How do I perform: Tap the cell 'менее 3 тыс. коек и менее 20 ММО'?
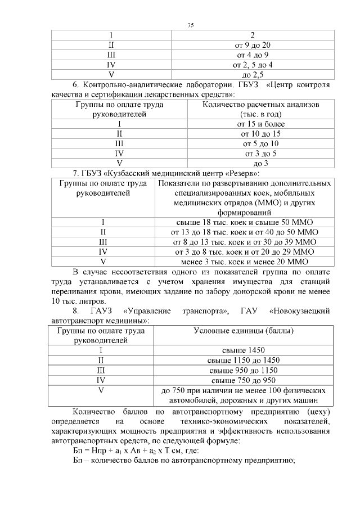click(244, 262)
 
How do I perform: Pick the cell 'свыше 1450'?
click(244, 350)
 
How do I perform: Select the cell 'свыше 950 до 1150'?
click(244, 370)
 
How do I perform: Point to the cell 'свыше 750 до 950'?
click(244, 380)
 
